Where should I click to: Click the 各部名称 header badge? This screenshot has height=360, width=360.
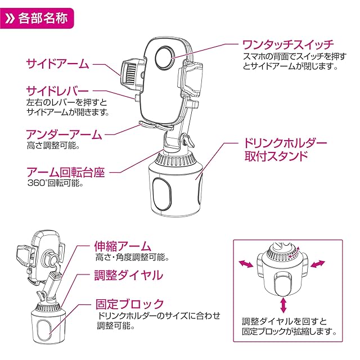click(37, 18)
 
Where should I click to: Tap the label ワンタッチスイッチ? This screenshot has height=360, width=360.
click(288, 45)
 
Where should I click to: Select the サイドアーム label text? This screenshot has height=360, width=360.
click(57, 64)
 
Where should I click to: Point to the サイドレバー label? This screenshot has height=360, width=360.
click(57, 91)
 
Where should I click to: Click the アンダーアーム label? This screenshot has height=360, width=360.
click(64, 134)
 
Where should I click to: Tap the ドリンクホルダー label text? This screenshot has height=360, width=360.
click(285, 143)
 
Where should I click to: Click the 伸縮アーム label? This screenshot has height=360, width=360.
click(123, 246)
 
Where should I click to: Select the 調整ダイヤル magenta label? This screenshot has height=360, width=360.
click(129, 275)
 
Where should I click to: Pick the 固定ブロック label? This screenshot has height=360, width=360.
click(130, 304)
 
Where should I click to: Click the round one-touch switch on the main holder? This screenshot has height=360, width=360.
click(165, 57)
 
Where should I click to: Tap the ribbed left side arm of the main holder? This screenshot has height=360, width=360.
click(132, 74)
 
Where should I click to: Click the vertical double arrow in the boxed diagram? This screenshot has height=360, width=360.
click(283, 305)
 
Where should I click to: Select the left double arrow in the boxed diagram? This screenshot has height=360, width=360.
click(246, 264)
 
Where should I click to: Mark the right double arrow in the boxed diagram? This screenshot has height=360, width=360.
click(318, 264)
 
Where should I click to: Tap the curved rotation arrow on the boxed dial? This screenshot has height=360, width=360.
click(294, 253)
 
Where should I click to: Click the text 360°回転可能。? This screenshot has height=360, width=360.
click(55, 183)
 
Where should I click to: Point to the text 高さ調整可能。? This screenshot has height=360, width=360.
click(53, 146)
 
